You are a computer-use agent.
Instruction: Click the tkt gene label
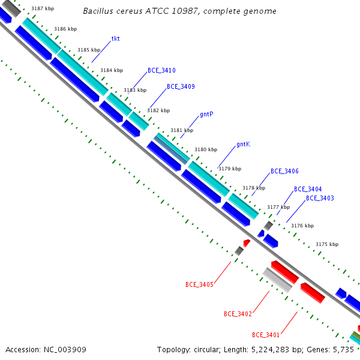coord(115,38)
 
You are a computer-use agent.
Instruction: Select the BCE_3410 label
coord(161,70)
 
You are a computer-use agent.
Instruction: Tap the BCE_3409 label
coord(181,86)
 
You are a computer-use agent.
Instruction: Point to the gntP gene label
coord(206,114)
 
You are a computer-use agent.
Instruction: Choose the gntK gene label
coord(244,144)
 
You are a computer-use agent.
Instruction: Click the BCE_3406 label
coord(284,171)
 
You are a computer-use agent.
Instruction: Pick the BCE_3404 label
coord(308,189)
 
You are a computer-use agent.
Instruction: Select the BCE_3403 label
coord(320,198)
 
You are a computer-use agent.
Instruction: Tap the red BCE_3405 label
coord(200,284)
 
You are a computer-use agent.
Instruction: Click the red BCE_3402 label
coord(238,314)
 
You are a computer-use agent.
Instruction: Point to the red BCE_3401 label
coord(266,335)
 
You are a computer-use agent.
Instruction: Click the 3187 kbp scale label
coord(43,9)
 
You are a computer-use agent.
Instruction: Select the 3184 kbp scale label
coord(112,70)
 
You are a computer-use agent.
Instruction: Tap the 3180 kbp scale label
coord(206,149)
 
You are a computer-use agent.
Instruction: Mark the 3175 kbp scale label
coord(327,244)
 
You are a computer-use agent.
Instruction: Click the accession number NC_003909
coord(65,350)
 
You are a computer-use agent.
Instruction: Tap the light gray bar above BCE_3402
coord(277,280)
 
